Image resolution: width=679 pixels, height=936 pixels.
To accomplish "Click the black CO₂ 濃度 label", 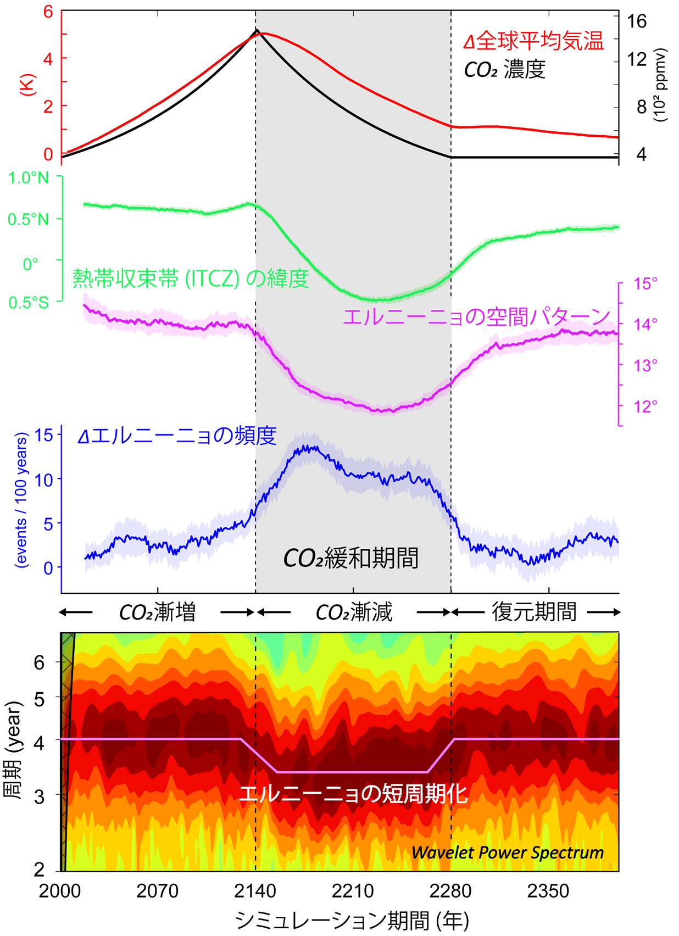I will tap(504, 70).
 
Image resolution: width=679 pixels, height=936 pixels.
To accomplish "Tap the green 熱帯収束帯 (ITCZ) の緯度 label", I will tap(191, 278).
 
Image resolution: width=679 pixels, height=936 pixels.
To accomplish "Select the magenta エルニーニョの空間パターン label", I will tap(476, 317).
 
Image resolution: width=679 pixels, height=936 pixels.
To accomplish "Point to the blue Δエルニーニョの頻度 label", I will tap(177, 436).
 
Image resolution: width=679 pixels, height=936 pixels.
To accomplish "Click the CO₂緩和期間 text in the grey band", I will tap(350, 558).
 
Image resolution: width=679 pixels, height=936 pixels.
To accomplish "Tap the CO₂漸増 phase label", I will tap(157, 612).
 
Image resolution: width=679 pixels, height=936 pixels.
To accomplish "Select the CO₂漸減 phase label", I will tap(354, 612).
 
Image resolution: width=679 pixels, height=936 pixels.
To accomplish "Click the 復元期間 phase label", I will tap(534, 612).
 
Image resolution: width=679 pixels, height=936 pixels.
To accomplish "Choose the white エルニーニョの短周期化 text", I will tap(353, 794).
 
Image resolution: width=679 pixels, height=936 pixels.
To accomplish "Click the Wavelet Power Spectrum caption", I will tap(507, 853).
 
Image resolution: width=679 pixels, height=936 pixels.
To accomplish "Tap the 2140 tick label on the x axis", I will tap(255, 891).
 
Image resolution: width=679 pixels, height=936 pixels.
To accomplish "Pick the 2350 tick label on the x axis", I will tap(548, 891).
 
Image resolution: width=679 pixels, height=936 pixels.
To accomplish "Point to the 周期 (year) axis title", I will tap(13, 750).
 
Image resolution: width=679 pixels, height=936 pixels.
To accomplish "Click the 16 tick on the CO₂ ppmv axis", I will tap(637, 21).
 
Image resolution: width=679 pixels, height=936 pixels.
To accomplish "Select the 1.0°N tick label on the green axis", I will tap(28, 178).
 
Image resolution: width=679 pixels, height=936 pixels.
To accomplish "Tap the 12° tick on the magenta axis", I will tap(645, 406).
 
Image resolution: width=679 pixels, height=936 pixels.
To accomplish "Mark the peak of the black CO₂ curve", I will tap(256, 30).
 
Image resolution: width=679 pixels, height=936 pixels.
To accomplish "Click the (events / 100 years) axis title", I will tap(22, 500).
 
